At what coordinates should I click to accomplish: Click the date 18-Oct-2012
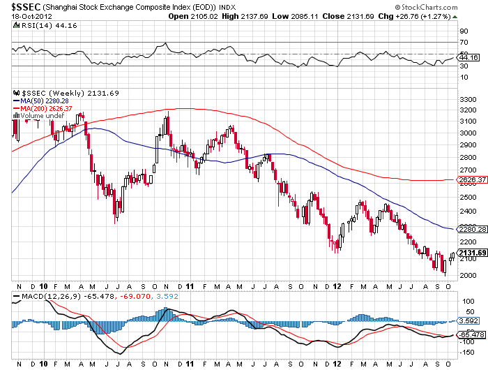[23, 15]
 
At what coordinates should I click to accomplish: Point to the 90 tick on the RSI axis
[462, 31]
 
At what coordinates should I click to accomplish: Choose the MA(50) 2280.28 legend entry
[40, 101]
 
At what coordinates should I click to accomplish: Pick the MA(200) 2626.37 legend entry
[43, 108]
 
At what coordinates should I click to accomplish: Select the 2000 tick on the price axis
[466, 274]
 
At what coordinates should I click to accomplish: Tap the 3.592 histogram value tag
[468, 321]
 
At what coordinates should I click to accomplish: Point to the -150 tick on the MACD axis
[466, 355]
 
